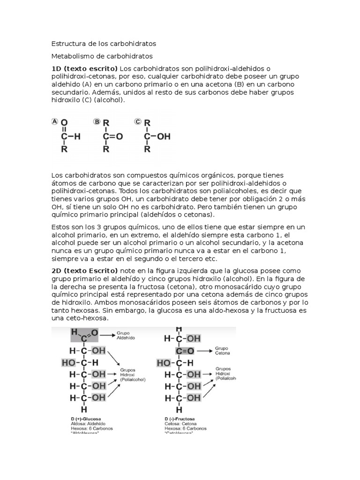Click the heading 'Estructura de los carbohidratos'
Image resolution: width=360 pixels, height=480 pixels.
103,44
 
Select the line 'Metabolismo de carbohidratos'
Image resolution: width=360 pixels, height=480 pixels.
102,56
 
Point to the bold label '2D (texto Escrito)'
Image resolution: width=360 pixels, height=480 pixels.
85,271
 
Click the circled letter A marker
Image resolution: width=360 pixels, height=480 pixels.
54,121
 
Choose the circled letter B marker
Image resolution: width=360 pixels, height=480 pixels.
97,121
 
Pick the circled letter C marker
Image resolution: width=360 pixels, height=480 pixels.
138,121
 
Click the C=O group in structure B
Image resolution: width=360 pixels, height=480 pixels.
112,136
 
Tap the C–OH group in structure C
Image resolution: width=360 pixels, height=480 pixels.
157,136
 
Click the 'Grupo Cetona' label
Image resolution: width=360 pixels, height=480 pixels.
223,351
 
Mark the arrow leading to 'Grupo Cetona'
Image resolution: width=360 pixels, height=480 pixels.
203,350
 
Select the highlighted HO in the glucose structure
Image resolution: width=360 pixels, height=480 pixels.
68,362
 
